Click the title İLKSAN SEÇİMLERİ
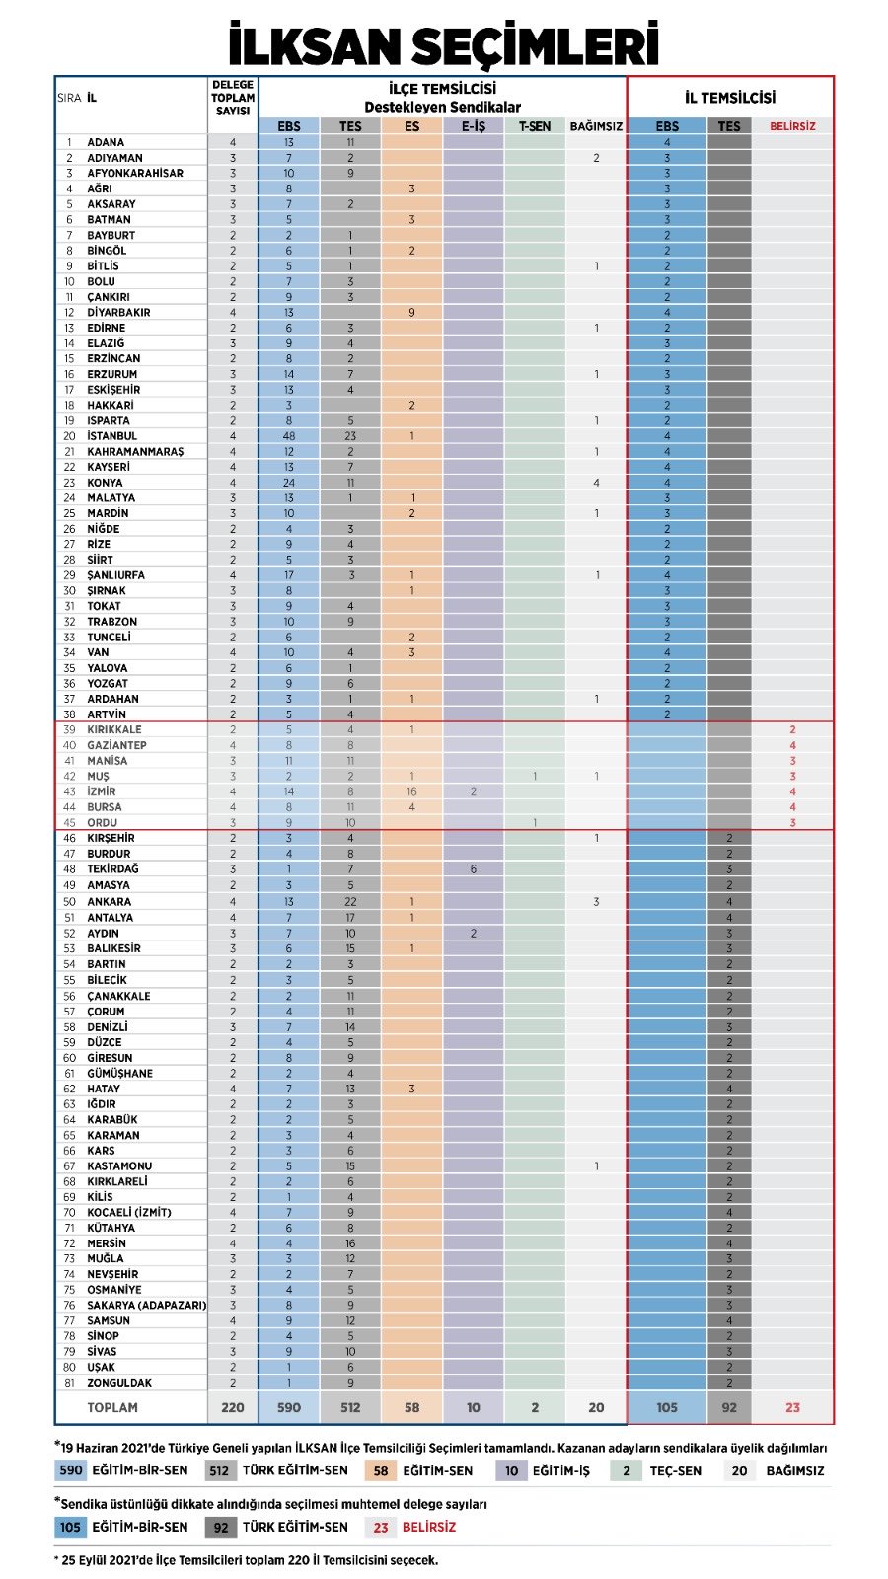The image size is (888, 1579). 443,45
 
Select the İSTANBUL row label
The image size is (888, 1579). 111,435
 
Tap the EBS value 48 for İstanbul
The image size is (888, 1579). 289,435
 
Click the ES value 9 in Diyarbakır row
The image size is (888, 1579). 411,312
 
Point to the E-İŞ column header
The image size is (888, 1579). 474,126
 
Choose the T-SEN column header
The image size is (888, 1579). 535,126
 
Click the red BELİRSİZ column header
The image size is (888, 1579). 792,126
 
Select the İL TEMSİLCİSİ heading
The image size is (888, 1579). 730,97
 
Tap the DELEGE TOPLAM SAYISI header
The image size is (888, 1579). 233,98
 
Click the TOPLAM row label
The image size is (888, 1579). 111,1407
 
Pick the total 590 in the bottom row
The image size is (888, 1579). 289,1407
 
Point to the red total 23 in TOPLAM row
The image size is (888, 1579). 792,1407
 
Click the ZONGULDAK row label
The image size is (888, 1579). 119,1382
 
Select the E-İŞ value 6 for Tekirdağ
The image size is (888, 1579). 474,869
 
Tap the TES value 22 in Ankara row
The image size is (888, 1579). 350,901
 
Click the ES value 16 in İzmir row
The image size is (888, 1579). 411,791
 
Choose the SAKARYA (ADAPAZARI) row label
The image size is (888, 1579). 146,1305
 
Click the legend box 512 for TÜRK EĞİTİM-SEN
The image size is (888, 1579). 219,1470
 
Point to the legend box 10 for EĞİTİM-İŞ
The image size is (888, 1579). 511,1470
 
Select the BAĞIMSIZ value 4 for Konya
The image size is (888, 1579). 596,483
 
